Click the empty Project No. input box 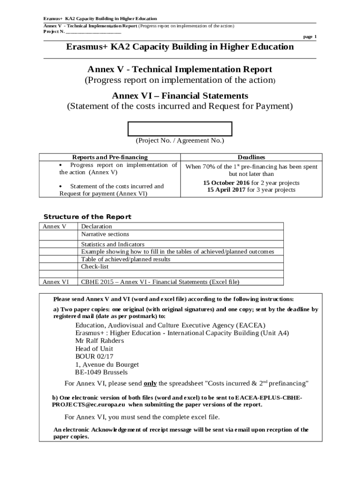coord(180,129)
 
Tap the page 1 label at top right coord(310,36)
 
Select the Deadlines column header coord(251,157)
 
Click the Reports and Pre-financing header coord(109,157)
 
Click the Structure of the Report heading coord(87,217)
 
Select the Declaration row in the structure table coord(97,226)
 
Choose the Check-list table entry coord(95,266)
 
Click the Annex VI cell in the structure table coord(56,282)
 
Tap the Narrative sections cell coord(105,234)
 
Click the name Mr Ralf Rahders coord(100,341)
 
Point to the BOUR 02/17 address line coord(94,356)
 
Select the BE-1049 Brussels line coord(101,372)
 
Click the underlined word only coord(150,384)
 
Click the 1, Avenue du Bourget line coord(107,364)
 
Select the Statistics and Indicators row coord(113,244)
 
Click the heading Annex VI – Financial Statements coord(180,96)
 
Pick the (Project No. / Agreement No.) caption coord(180,140)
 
